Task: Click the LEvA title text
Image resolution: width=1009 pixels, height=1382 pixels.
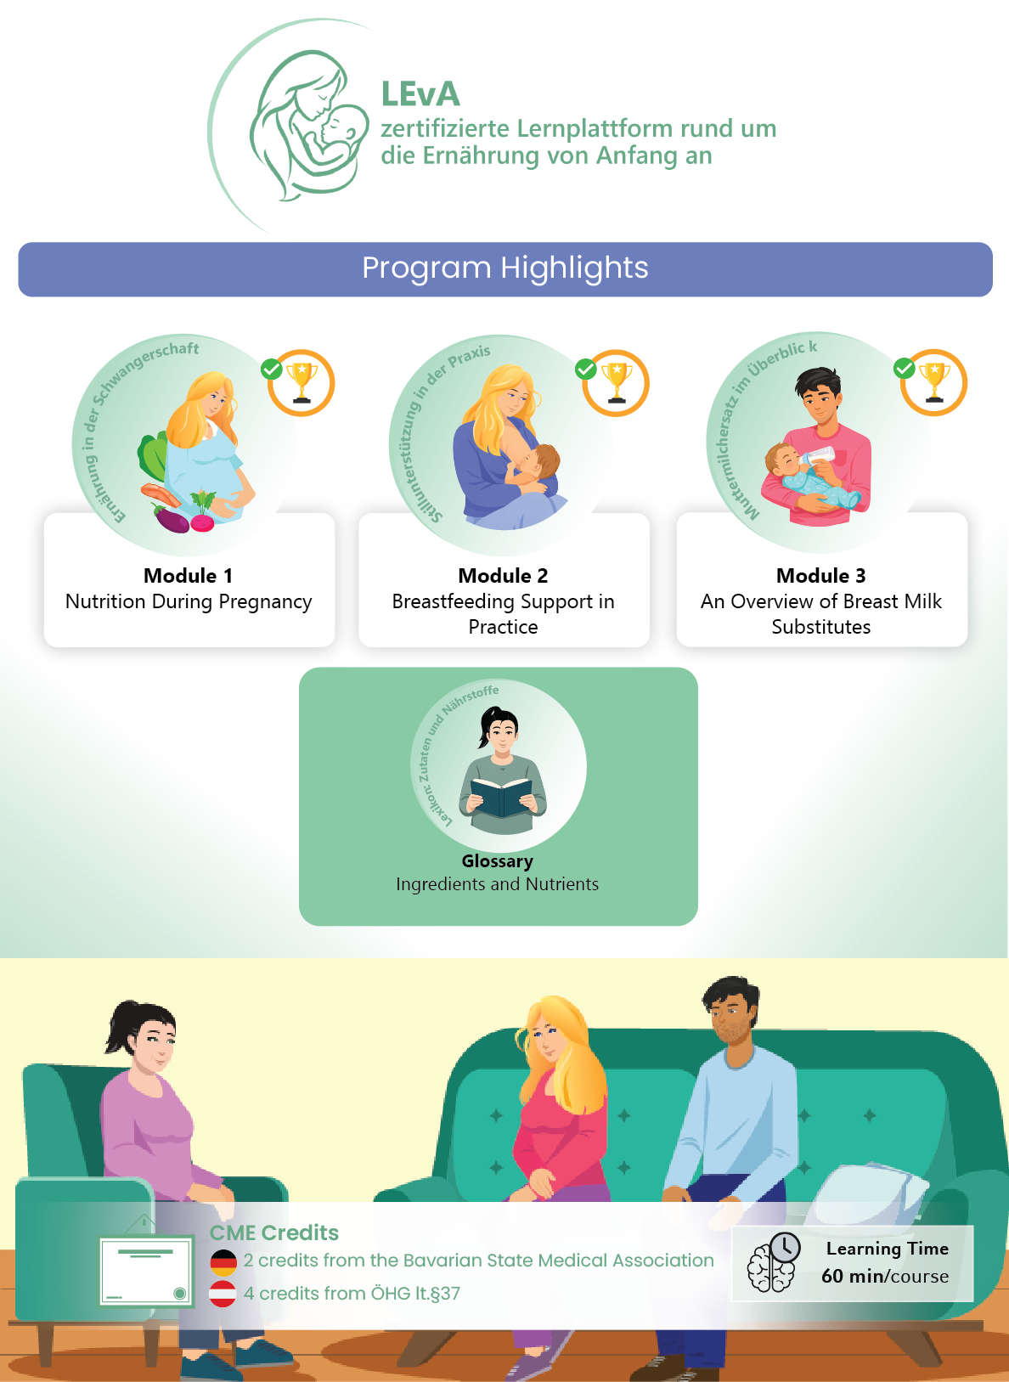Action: click(x=420, y=94)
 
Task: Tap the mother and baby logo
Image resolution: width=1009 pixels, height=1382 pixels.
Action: click(x=309, y=126)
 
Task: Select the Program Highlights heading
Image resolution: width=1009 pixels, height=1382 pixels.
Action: click(x=504, y=268)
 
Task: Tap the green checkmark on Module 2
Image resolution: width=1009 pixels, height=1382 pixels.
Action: click(x=585, y=369)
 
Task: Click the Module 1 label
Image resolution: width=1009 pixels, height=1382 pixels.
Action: click(x=188, y=576)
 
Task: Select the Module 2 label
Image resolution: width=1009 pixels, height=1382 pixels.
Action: click(x=504, y=576)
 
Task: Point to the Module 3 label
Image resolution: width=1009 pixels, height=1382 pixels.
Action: click(x=821, y=576)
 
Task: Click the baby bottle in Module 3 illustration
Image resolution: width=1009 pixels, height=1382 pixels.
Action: click(x=816, y=457)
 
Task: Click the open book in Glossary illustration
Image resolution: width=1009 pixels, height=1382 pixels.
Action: click(x=501, y=797)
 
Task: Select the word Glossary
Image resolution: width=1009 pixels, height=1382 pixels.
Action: click(x=497, y=861)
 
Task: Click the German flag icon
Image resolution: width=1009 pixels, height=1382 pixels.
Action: click(x=223, y=1263)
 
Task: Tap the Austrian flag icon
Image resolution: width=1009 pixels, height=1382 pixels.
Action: click(x=223, y=1293)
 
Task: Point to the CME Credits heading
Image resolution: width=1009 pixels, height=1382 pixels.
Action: click(x=274, y=1233)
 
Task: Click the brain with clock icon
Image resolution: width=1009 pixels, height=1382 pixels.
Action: click(x=774, y=1262)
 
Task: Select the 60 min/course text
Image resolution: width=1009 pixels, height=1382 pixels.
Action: click(x=885, y=1276)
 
